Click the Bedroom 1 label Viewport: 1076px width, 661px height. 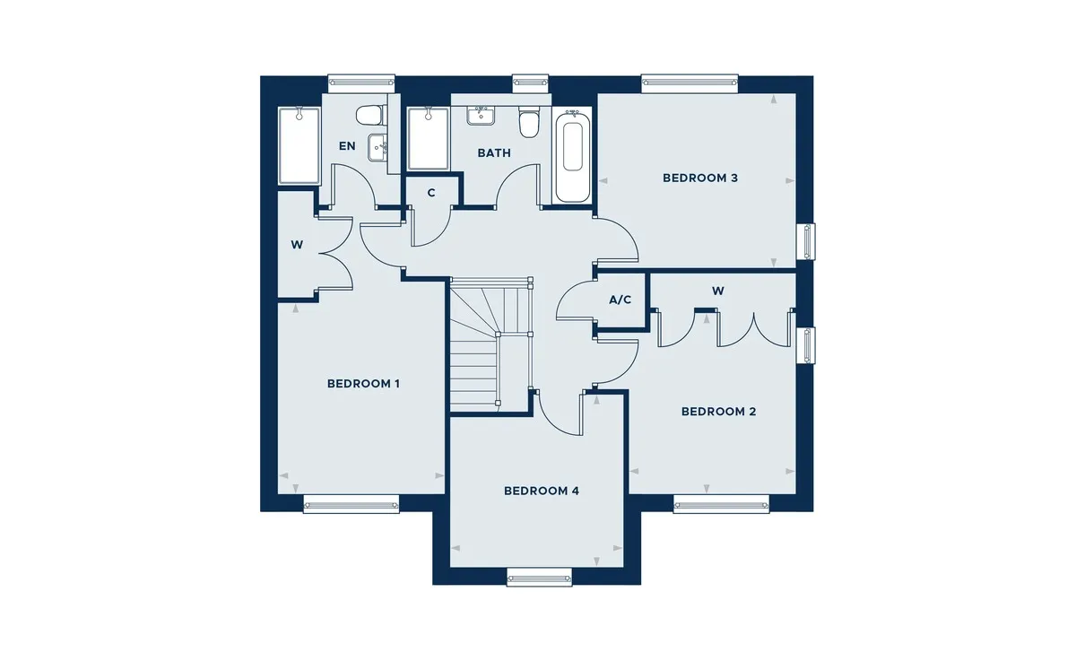363,384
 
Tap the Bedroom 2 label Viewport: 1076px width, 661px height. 718,412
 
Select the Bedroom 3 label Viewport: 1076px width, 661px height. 700,178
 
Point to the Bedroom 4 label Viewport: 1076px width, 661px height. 542,491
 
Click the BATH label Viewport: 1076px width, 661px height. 494,153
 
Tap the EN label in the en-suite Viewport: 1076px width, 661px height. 347,146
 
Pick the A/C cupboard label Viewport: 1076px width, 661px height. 620,300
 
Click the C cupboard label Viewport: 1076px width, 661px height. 431,193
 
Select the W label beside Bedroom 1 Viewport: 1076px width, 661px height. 297,245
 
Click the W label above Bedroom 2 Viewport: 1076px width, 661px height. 718,291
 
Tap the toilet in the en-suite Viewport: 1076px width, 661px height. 369,115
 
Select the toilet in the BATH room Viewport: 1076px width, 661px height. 528,123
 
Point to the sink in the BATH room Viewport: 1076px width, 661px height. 481,117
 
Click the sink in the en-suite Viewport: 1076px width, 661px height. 378,147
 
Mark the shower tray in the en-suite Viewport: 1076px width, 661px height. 299,145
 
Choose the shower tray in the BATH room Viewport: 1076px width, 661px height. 428,138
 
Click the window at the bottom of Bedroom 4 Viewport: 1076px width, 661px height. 540,577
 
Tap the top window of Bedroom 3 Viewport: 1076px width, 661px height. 690,83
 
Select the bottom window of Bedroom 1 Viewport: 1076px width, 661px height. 351,504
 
